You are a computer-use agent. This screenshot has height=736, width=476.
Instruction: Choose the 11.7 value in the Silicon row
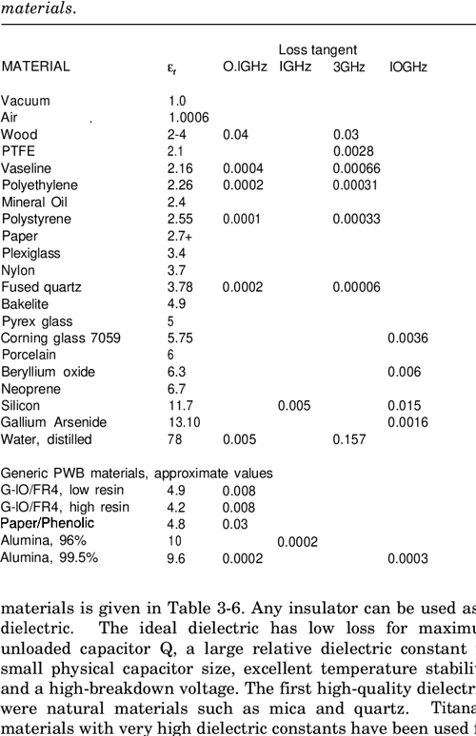pos(182,404)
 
